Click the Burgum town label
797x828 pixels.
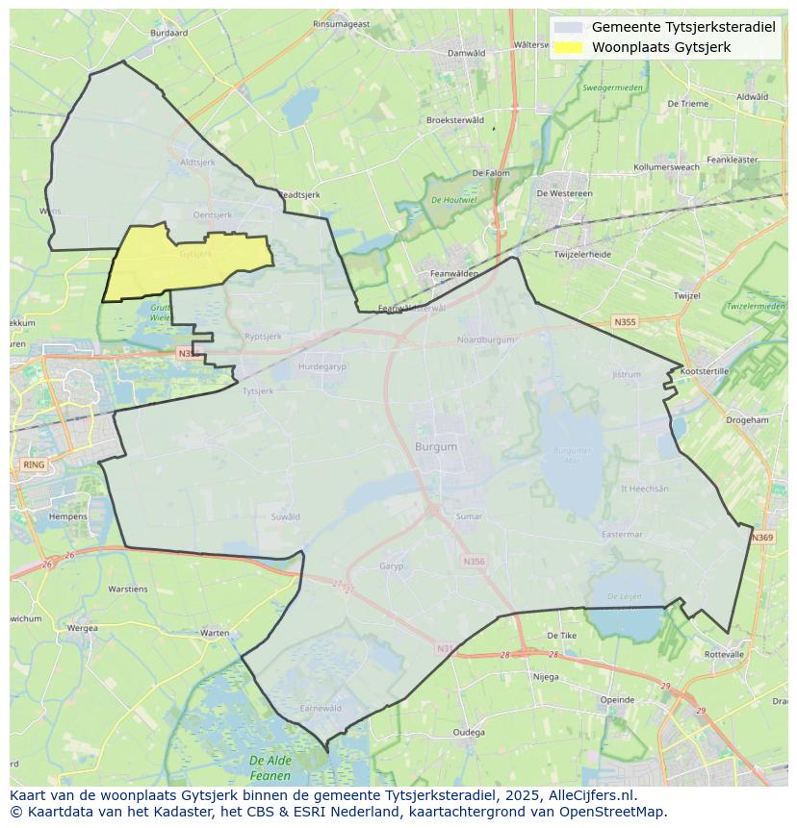pyautogui.click(x=436, y=447)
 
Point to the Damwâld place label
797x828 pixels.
pyautogui.click(x=467, y=53)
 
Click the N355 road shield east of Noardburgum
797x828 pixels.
pyautogui.click(x=625, y=323)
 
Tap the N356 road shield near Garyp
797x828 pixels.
pyautogui.click(x=474, y=562)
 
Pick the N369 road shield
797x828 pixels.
pyautogui.click(x=762, y=538)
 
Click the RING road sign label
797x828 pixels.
pyautogui.click(x=34, y=464)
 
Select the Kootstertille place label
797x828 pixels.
pyautogui.click(x=705, y=371)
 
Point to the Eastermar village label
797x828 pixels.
pyautogui.click(x=621, y=535)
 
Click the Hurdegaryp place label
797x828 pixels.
pyautogui.click(x=322, y=366)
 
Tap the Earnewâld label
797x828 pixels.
pyautogui.click(x=321, y=708)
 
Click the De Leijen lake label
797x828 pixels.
pyautogui.click(x=624, y=597)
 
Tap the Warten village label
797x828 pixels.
pyautogui.click(x=215, y=633)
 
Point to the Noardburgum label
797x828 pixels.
pyautogui.click(x=487, y=340)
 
